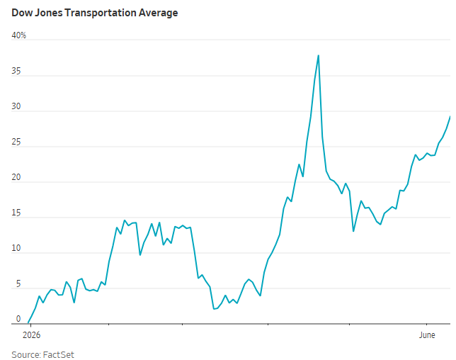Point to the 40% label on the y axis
point(19,35)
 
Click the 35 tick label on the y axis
point(16,72)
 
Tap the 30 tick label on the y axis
point(16,106)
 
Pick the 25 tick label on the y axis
point(16,142)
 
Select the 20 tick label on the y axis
point(16,178)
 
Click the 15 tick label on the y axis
point(16,213)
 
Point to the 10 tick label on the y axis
point(16,248)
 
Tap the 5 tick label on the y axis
point(18,284)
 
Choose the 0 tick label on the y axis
point(18,319)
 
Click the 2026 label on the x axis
point(31,335)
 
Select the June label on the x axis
point(427,335)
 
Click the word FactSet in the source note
point(59,355)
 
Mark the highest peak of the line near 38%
point(319,55)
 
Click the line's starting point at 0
point(28,322)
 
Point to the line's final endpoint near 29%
point(450,116)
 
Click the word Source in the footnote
point(26,355)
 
